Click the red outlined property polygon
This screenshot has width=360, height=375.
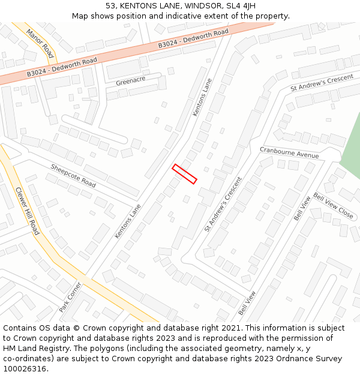coord(185,174)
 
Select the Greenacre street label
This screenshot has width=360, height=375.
coord(131,82)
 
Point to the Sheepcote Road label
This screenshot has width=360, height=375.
coord(73,176)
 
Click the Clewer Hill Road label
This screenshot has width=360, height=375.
coord(27,210)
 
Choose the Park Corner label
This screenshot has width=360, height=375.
coord(70,297)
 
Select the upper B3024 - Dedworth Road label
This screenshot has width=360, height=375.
coord(193,38)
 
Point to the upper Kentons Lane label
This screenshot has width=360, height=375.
coord(202,97)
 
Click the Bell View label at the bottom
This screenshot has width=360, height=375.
coord(247,304)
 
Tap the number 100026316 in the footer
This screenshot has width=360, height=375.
coord(25,369)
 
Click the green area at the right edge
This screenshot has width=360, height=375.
coord(352,144)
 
